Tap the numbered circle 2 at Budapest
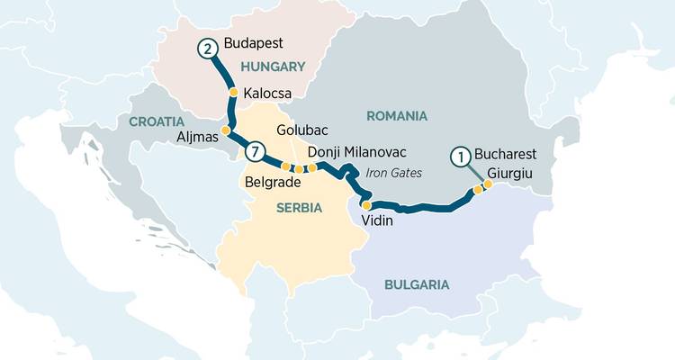[209, 49]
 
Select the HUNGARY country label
[273, 67]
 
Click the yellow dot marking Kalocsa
[233, 92]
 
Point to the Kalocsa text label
[267, 92]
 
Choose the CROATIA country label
[156, 121]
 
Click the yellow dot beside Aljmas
[226, 130]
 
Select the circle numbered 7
[256, 152]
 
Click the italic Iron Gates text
[392, 173]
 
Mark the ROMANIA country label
[396, 116]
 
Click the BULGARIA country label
[416, 284]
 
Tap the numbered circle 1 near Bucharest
[461, 156]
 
